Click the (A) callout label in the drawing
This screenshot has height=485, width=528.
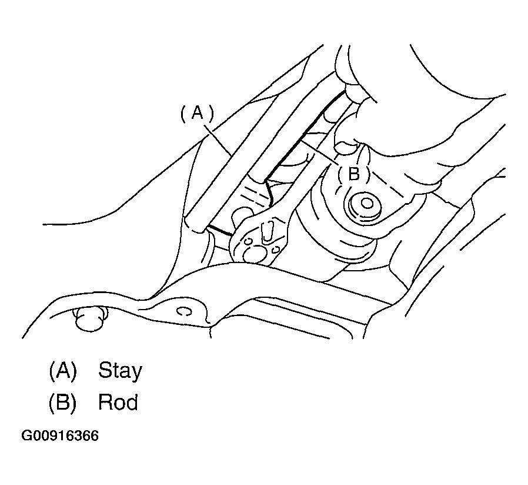tap(198, 113)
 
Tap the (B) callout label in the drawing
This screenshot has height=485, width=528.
tap(353, 174)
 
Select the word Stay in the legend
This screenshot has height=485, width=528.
tap(120, 371)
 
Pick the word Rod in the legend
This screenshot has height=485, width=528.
tap(118, 402)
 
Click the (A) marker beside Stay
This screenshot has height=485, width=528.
tap(63, 370)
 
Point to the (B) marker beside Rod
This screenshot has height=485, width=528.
tap(63, 403)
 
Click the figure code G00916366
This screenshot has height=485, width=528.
tap(60, 436)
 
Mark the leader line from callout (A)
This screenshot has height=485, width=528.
tap(218, 141)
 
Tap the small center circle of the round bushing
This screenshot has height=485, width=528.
tap(367, 204)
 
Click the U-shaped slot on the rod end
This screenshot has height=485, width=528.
tap(268, 232)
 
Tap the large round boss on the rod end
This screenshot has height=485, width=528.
tap(254, 254)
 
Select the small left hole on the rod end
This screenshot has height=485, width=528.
tap(249, 241)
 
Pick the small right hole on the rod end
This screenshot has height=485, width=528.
tap(275, 249)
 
